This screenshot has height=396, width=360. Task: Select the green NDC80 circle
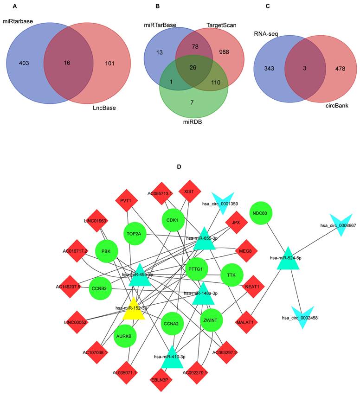coord(260,213)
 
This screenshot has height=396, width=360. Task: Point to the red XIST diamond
coord(189,191)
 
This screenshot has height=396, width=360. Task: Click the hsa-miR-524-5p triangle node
coord(289,259)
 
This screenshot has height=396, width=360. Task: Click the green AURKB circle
coord(125,338)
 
